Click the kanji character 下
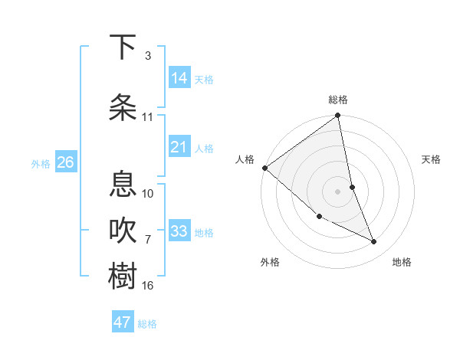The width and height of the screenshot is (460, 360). pos(123,47)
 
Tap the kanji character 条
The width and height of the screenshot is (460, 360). pos(123,106)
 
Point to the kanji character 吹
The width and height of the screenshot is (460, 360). pos(123,230)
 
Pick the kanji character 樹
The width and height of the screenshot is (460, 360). pos(123,276)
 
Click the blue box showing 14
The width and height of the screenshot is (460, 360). pos(179,78)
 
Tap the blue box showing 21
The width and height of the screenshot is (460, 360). pos(179,147)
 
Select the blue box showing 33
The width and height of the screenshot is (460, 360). pos(179,231)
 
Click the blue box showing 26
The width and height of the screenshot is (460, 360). pos(65,162)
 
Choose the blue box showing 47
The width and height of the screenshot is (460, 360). pos(123,322)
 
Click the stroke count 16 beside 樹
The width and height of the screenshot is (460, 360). pos(148,286)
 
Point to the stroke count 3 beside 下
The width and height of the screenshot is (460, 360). pos(148,56)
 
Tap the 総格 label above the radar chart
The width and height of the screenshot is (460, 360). pos(338,100)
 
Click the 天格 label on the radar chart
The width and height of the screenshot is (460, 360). pos(432,159)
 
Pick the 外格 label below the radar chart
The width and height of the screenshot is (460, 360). pos(270,262)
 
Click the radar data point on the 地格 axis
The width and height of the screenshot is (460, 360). pos(374,242)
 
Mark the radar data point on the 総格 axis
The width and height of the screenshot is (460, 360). pos(338,116)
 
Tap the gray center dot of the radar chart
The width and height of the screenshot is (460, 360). pos(338,191)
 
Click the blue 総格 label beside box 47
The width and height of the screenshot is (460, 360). pos(147,324)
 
